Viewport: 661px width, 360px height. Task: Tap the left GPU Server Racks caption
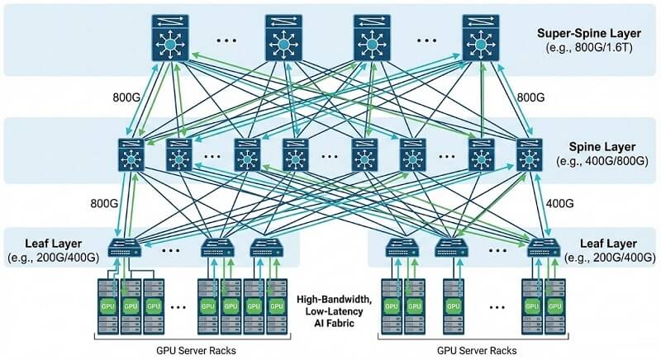pos(195,349)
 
